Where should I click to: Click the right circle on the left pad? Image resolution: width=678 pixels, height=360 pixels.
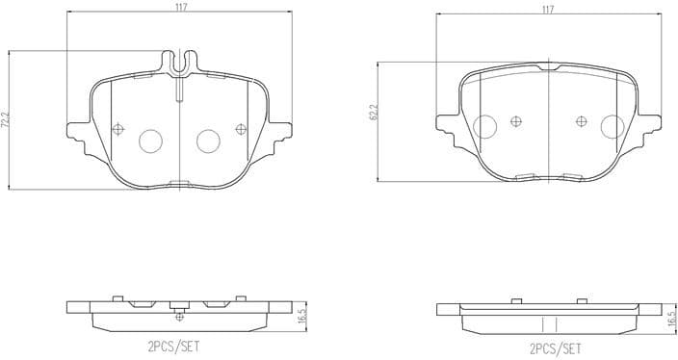coord(209,141)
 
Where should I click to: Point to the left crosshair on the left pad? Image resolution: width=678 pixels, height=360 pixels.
coord(118,130)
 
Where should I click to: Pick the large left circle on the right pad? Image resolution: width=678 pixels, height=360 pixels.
coord(486,125)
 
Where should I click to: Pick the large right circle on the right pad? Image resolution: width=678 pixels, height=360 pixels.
coord(611,125)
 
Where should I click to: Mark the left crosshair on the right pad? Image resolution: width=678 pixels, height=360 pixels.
coord(516,121)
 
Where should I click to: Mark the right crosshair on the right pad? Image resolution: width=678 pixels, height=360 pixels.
coord(581,121)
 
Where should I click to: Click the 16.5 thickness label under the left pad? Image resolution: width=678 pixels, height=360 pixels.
coord(301,315)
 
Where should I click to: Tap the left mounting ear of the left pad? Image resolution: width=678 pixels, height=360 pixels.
coord(76,128)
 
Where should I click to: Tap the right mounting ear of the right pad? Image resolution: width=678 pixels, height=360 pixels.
coord(647,123)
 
